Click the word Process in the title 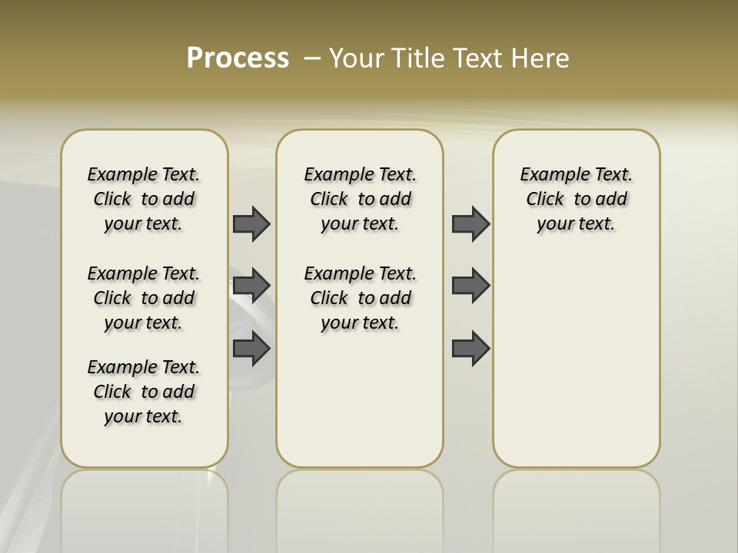point(238,58)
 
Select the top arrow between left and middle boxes point(251,224)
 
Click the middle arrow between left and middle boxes point(251,286)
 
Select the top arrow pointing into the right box point(470,224)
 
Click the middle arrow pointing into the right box point(470,286)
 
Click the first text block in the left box point(144,199)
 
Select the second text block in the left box point(144,298)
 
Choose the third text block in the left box point(144,392)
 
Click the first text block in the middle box point(360,199)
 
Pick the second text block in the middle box point(360,298)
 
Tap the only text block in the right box point(576,199)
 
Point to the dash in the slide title point(312,58)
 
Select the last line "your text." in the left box point(144,416)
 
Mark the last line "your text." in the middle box point(360,323)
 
